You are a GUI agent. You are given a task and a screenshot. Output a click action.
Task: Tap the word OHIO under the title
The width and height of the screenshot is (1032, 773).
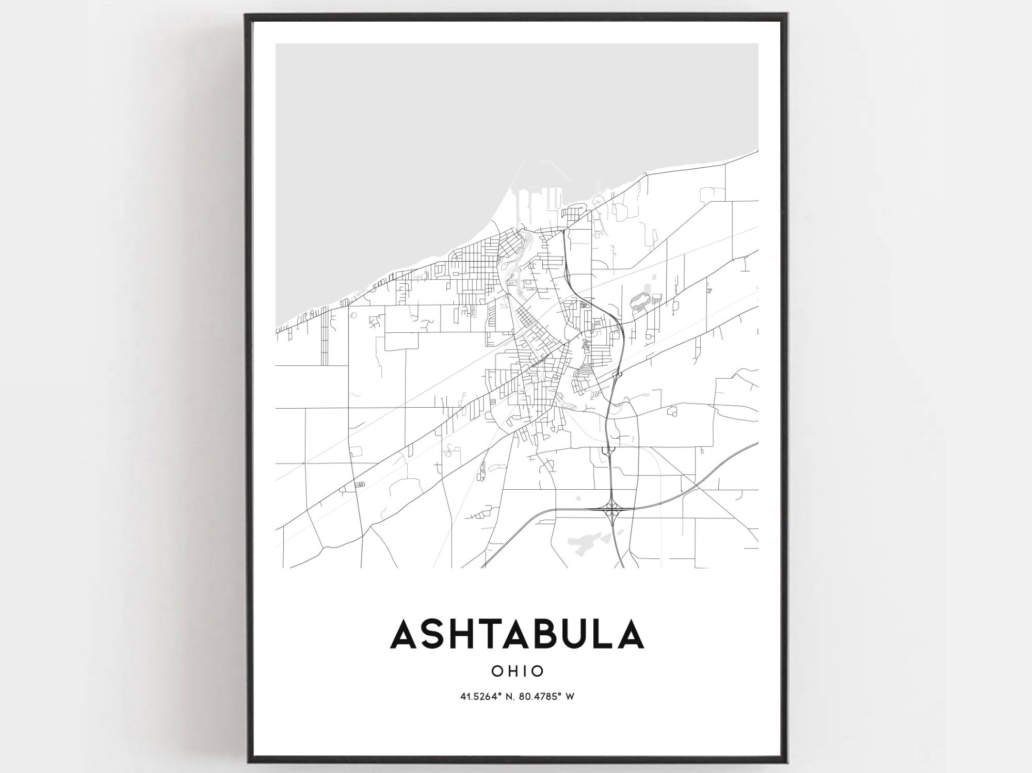coord(518,671)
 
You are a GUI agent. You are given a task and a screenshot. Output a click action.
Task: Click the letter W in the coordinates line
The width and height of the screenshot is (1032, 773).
coord(570,697)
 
